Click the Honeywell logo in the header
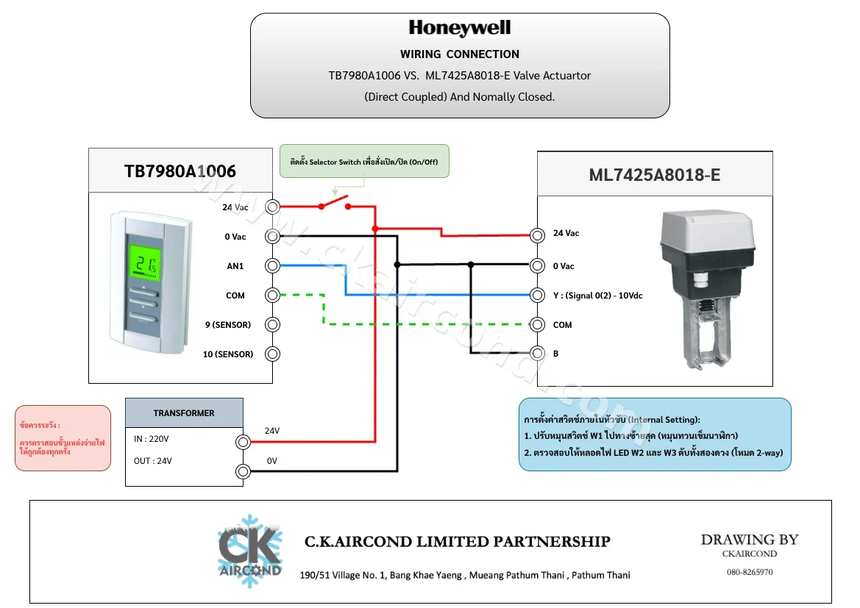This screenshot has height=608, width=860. [x=460, y=28]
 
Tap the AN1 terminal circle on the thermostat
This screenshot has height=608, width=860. [x=273, y=266]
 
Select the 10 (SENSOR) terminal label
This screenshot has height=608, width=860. [x=228, y=354]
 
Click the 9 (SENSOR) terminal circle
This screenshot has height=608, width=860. [x=273, y=324]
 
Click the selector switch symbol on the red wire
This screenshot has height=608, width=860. [x=335, y=204]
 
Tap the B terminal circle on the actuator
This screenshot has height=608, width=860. [x=538, y=354]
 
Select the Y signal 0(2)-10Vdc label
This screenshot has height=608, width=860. [x=598, y=296]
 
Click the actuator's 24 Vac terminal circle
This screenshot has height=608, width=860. [x=538, y=236]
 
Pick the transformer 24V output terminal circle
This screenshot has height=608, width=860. [x=243, y=442]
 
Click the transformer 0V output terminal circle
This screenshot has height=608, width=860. [x=243, y=471]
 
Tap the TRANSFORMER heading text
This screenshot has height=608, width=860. [x=184, y=413]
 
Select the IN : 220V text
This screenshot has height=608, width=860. [x=152, y=439]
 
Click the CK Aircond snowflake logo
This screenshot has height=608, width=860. [x=250, y=551]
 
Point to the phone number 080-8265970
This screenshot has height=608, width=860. [x=750, y=572]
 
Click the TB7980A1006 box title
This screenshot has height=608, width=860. [x=180, y=171]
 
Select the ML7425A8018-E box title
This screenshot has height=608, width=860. [x=655, y=175]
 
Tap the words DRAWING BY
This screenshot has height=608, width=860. [x=750, y=540]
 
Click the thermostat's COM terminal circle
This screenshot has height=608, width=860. [x=273, y=296]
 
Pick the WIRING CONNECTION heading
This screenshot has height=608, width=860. [x=460, y=54]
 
